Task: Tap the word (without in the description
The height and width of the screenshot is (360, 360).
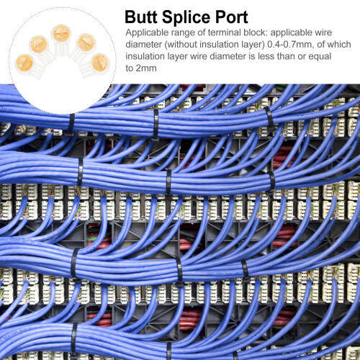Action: [181, 45]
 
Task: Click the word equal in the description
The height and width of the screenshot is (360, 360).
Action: [320, 57]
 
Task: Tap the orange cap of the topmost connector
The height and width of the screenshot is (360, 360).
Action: [61, 33]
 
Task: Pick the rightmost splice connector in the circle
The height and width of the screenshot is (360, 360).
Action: [96, 66]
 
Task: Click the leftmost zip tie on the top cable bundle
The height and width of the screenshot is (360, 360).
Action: [71, 122]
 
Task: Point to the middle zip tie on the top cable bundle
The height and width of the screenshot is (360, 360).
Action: [156, 125]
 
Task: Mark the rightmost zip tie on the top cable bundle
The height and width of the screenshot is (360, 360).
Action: [270, 119]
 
